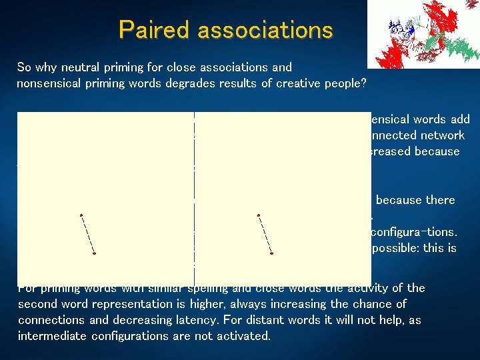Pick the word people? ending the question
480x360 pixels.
(351, 83)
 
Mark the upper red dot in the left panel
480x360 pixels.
(81, 215)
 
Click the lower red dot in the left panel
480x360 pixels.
(95, 254)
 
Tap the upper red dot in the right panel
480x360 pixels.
(258, 215)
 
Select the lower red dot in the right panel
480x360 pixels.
(272, 254)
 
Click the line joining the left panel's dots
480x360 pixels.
(87, 234)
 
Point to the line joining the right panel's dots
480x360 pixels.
(265, 234)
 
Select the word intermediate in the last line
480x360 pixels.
(50, 336)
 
